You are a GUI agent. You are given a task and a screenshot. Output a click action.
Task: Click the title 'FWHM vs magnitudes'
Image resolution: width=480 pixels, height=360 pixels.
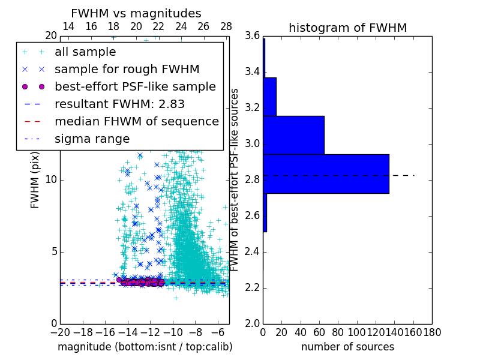point(136,13)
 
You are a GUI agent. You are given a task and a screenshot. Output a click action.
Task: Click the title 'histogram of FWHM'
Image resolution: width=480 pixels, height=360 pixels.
point(347,28)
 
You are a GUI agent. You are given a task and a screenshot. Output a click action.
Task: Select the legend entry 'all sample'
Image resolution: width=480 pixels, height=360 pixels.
point(85,52)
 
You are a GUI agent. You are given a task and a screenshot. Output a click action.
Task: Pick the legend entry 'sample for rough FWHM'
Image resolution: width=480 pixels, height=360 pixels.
point(127,70)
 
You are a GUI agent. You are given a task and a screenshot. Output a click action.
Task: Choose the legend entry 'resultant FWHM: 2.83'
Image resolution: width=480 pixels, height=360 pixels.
point(119,104)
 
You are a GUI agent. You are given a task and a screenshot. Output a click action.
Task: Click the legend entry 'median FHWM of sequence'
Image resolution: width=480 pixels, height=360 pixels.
point(136,121)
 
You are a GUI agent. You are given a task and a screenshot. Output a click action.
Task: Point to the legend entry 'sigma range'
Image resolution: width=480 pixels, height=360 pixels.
point(92,139)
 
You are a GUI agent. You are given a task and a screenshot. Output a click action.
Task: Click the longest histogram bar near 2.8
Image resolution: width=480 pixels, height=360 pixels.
point(326,174)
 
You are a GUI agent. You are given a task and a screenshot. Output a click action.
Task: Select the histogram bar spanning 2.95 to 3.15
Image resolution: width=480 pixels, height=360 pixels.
point(293,135)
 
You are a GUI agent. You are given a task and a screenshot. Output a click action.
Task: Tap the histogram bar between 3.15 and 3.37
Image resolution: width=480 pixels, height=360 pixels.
point(269,97)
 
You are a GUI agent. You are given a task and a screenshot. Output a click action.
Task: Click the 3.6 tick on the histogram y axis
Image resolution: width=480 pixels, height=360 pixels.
point(252,36)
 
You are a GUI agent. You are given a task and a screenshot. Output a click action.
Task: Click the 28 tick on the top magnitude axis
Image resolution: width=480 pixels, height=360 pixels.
point(226,26)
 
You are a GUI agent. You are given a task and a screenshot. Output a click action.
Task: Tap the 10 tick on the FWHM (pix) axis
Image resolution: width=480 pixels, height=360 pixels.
point(50,180)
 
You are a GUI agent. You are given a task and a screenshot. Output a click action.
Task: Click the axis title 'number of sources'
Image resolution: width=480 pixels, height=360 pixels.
point(347,347)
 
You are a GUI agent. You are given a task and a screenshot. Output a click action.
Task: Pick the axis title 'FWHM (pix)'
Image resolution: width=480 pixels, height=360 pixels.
point(35,180)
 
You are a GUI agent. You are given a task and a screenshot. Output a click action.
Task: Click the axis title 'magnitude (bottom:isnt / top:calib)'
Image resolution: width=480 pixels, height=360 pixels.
point(145,347)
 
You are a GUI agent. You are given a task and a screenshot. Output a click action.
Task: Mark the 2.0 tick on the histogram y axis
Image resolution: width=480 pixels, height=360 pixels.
point(252,324)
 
